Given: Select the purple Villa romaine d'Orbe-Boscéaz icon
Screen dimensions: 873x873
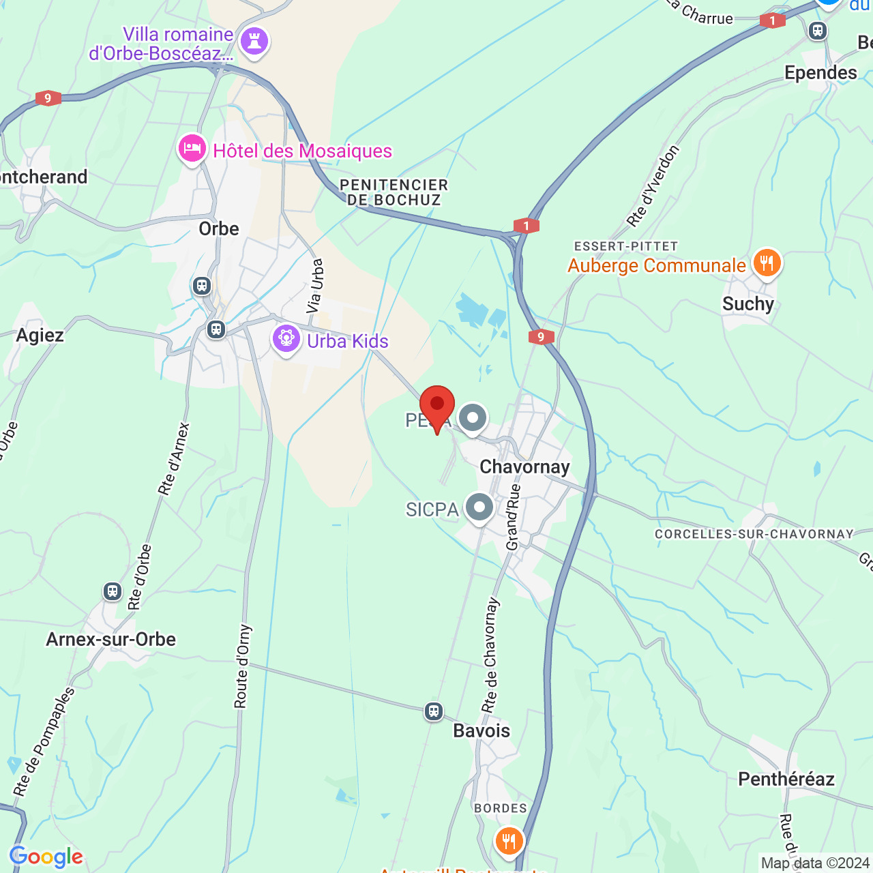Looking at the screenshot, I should [254, 42].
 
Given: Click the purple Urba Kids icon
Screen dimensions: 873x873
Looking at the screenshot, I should [286, 338].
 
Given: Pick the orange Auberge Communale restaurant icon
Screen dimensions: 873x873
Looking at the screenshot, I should [767, 263].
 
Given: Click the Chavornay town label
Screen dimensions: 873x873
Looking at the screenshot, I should [524, 467].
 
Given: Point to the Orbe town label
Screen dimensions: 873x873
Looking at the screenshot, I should [219, 228].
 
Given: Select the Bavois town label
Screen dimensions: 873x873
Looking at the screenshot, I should [482, 731].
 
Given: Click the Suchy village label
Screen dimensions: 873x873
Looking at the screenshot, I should [748, 304].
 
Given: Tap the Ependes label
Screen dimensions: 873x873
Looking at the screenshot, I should [820, 73].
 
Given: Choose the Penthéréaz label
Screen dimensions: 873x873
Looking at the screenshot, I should [786, 779].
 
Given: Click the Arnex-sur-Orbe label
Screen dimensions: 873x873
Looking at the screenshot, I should [111, 640].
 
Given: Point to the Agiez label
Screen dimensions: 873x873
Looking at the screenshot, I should [40, 336].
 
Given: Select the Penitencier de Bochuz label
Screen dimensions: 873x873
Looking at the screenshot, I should [394, 192].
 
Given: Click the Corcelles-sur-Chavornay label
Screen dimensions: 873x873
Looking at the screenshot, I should [754, 534].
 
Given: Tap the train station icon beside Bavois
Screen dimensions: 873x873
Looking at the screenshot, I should [434, 712].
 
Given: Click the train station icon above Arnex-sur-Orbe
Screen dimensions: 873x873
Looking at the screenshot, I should [113, 591].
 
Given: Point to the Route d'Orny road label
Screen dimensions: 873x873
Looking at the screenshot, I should [243, 666].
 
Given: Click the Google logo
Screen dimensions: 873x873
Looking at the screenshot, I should [46, 857].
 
